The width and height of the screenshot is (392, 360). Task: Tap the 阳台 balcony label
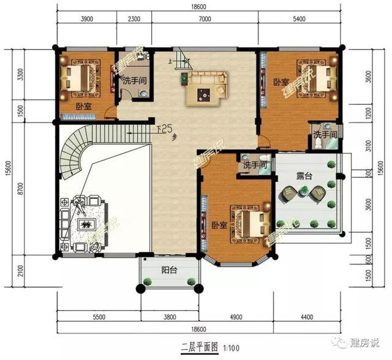coord(170,269)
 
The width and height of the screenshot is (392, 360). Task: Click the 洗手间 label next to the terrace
coord(254,165)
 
